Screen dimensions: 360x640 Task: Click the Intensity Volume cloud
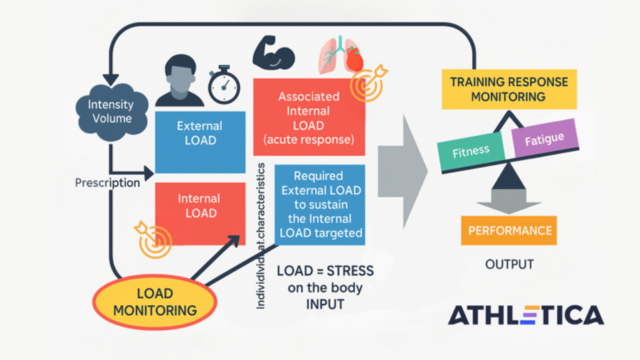click(x=110, y=112)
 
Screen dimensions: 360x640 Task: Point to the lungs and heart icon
click(x=339, y=53)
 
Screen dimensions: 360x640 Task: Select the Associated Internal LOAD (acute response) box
click(x=309, y=117)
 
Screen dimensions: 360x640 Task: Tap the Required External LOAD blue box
click(x=319, y=205)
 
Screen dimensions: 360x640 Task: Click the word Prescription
click(x=107, y=183)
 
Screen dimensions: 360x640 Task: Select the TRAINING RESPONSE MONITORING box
click(x=508, y=89)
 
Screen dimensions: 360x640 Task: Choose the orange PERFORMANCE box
click(x=509, y=231)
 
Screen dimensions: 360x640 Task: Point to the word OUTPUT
click(x=509, y=265)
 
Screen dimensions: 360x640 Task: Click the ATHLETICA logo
click(x=526, y=314)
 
